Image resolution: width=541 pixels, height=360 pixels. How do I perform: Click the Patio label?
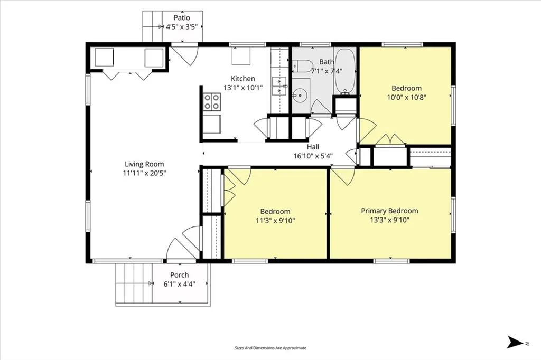182,17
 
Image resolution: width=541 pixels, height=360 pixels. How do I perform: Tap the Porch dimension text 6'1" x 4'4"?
179,284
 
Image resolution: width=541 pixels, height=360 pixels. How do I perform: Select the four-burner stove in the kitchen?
211,102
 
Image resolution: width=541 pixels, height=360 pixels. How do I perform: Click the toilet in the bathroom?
302,65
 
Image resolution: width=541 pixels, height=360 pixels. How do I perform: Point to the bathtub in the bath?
344,71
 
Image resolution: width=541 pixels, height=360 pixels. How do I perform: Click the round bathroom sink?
301,94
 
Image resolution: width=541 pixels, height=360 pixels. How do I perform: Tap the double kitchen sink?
279,86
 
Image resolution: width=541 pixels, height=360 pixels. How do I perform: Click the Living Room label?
144,164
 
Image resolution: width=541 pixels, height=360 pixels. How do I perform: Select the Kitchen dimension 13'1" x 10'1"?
243,88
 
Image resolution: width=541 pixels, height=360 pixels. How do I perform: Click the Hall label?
313,147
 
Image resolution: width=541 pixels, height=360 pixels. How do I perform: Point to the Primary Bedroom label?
389,211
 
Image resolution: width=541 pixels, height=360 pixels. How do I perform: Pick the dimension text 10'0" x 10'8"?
406,97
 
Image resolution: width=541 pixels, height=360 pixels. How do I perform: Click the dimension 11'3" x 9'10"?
275,220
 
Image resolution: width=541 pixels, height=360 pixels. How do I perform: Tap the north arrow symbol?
515,342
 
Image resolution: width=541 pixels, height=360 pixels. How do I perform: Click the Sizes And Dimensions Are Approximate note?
270,348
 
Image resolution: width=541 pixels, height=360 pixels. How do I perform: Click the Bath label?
327,62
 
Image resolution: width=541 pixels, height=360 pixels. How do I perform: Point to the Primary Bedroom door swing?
343,176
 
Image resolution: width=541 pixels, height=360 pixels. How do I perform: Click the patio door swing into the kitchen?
185,54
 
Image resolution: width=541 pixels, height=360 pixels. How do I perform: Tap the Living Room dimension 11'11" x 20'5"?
144,173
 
